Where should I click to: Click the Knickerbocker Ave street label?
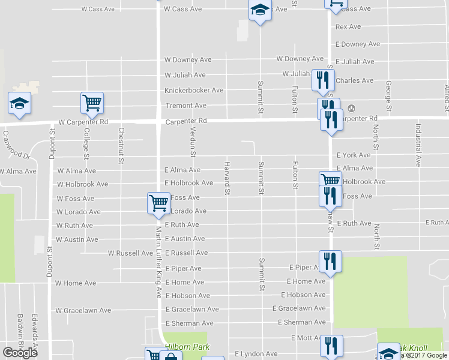[194, 91]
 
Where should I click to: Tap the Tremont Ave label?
[185, 106]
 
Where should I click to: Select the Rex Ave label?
[348, 27]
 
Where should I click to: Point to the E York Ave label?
[354, 155]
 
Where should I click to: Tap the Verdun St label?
[193, 145]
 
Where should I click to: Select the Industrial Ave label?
[418, 145]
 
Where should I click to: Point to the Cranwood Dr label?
[17, 145]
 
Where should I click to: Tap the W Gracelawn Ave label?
[83, 311]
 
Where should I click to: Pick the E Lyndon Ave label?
[256, 354]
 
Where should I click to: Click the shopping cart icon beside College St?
[92, 103]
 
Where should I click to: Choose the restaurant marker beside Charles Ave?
[323, 80]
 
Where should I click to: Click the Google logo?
[20, 352]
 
